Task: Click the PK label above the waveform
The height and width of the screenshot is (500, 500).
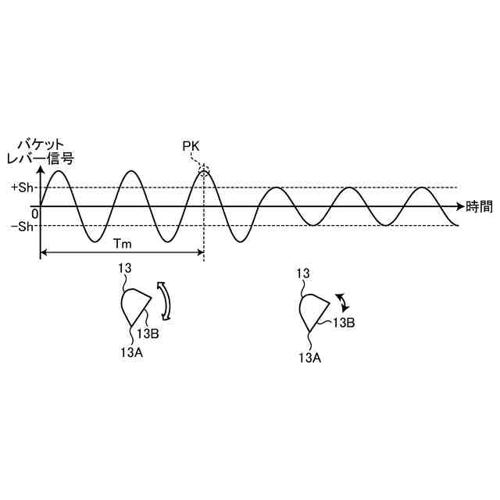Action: (x=191, y=147)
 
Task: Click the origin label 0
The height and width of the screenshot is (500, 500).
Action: (x=34, y=212)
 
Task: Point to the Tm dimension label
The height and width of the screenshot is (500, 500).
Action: (x=122, y=244)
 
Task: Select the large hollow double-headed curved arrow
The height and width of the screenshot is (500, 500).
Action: (x=164, y=301)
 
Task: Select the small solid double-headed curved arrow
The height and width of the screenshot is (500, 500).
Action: (x=341, y=302)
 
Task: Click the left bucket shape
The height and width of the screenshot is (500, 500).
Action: (x=134, y=305)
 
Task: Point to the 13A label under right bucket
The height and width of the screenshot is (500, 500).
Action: (x=310, y=357)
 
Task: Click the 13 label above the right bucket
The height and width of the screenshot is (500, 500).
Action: (x=305, y=273)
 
